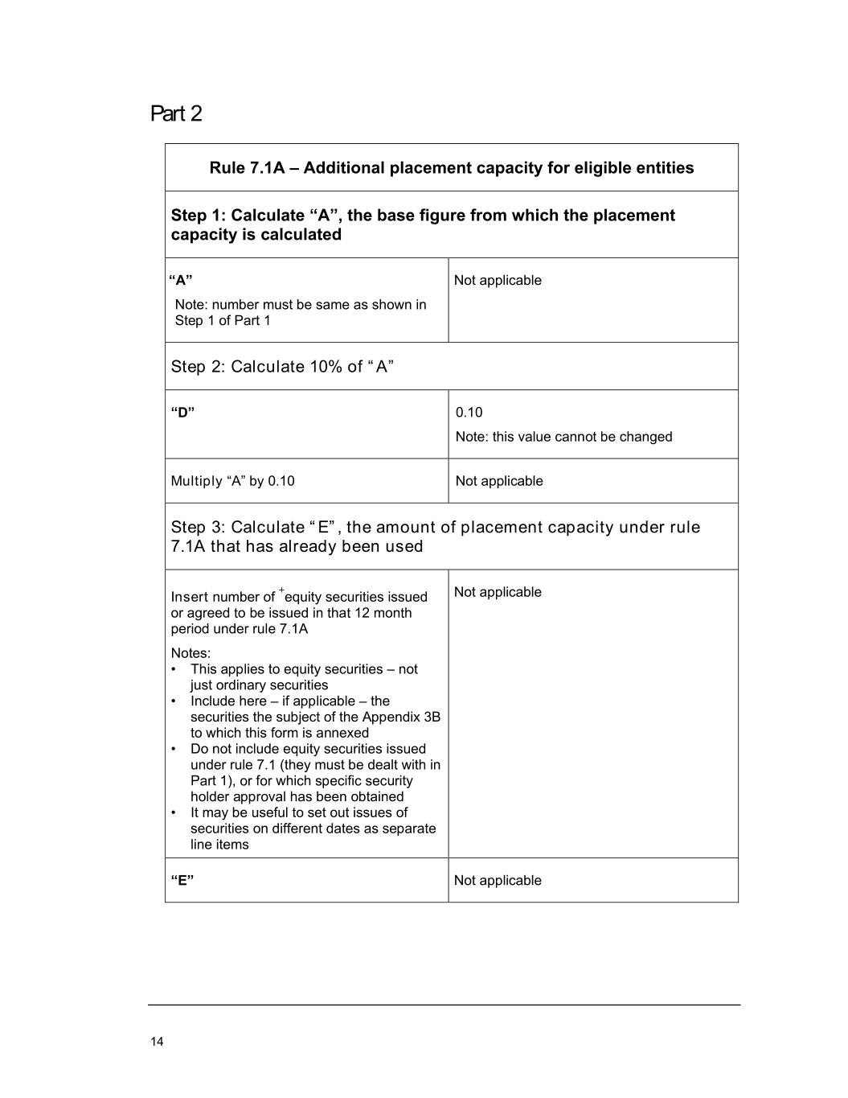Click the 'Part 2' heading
176,113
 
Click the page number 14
157,1042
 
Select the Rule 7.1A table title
451,167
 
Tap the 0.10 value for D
469,413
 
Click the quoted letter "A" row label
181,280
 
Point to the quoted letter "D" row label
182,413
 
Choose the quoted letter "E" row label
182,880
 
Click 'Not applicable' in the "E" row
498,880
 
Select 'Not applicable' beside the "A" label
498,280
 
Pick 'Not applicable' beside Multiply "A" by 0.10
499,481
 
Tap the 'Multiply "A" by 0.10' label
232,481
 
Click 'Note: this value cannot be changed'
563,437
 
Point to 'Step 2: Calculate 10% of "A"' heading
282,367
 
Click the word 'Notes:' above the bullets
190,653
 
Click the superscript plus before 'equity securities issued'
281,591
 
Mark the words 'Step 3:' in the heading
198,527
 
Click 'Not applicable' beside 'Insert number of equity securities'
498,592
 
